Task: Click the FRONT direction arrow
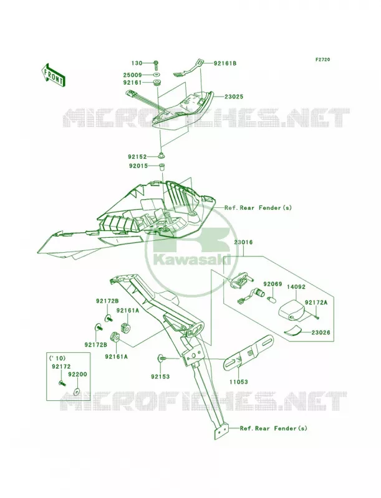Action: pos(53,75)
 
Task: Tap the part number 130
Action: pos(137,63)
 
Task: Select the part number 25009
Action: pos(133,75)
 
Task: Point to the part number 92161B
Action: pos(225,63)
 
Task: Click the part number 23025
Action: pos(233,96)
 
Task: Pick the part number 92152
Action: pos(137,157)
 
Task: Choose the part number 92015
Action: pos(138,166)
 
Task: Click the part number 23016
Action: pos(244,242)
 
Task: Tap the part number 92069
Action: pos(272,284)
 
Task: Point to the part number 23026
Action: pos(321,332)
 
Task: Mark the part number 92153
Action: pos(160,377)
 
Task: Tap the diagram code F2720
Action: pos(322,59)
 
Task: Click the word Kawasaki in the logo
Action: pos(192,260)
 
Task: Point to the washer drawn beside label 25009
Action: pos(156,75)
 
